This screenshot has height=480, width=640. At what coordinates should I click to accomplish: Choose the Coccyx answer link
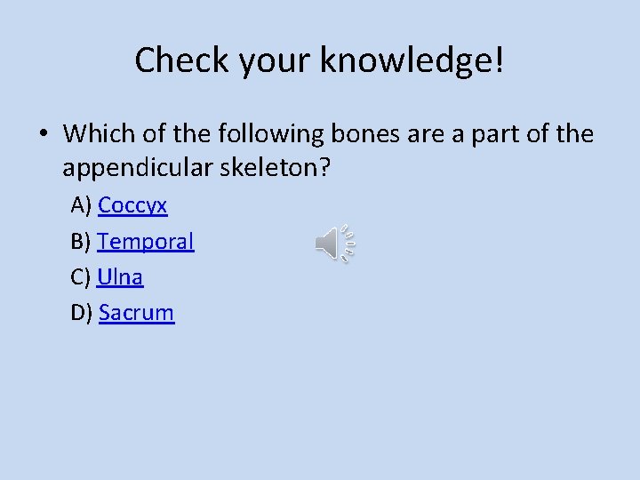tap(132, 205)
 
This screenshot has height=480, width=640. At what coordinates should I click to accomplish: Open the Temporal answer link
tap(146, 241)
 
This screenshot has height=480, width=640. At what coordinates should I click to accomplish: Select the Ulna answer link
tap(120, 276)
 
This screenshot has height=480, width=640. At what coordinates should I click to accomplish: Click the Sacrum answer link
tap(136, 312)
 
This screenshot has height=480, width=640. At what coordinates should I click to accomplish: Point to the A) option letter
tap(81, 205)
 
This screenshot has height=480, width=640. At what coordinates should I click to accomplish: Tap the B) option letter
tap(81, 241)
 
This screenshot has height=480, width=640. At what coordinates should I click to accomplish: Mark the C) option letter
tap(81, 276)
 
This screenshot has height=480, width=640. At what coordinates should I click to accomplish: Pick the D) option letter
tap(82, 312)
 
